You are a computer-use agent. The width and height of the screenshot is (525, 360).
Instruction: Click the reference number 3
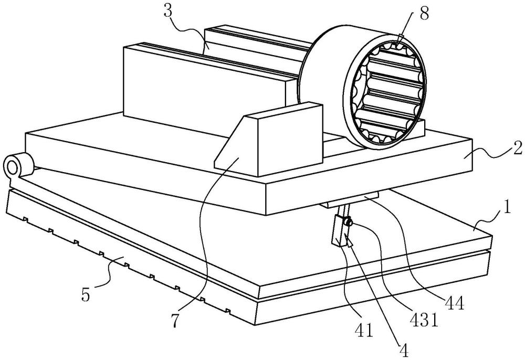pos(169,11)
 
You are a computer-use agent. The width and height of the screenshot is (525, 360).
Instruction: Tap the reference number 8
pos(424,14)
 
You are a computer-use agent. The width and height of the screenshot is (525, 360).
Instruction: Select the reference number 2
pos(518,147)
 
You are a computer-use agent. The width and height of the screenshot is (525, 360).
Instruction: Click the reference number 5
pos(86,294)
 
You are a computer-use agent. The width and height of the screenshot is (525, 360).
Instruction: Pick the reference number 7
pos(175,321)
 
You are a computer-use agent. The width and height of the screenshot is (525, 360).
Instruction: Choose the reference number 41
pos(364,330)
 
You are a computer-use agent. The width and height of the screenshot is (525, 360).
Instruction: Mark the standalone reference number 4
pos(404,351)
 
